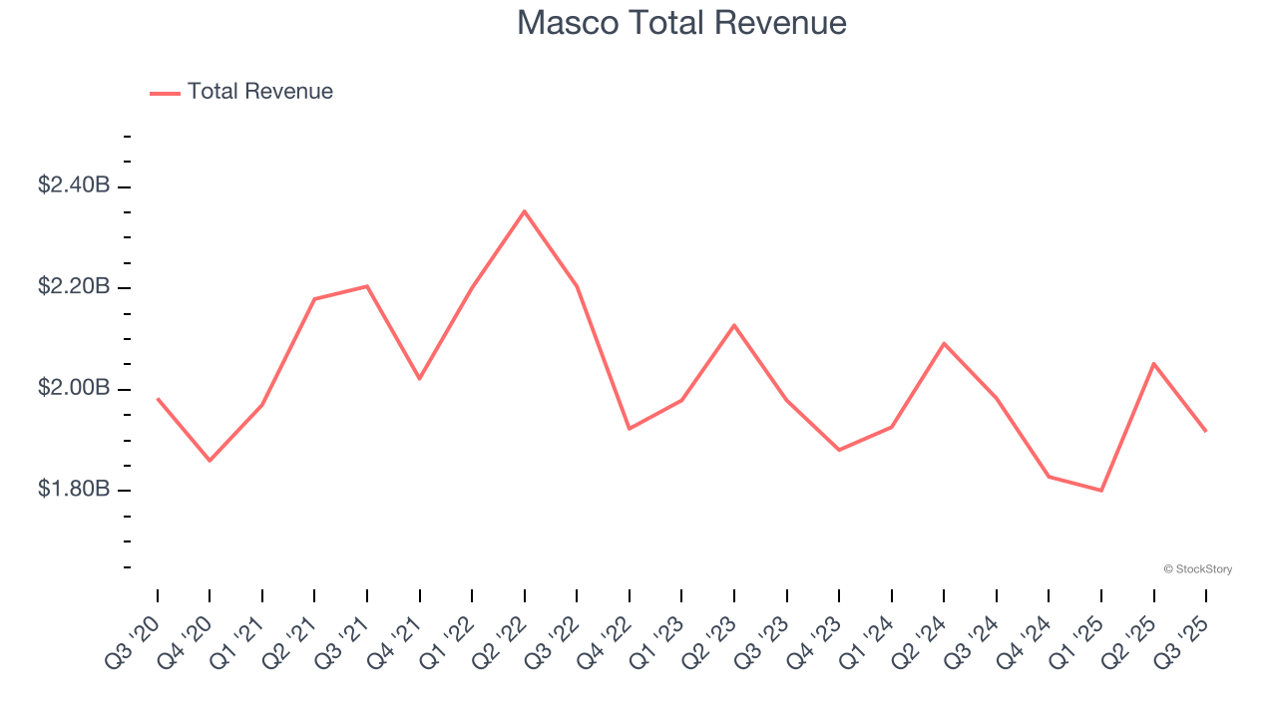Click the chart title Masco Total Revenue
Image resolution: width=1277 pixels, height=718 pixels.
click(x=681, y=23)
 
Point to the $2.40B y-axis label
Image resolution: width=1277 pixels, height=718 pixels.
click(x=74, y=185)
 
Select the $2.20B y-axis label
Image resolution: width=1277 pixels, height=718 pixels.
click(x=74, y=287)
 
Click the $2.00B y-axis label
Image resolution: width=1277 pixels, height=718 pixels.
click(x=74, y=388)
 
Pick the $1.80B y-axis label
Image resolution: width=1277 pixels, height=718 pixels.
click(x=74, y=490)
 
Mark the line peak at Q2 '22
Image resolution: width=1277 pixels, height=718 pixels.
click(x=525, y=211)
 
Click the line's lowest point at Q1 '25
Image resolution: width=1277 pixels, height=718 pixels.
click(x=1101, y=491)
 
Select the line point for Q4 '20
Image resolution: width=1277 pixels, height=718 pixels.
click(x=210, y=461)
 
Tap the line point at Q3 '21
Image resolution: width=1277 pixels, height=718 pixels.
click(x=367, y=286)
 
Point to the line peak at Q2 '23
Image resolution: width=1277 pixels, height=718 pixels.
click(x=734, y=325)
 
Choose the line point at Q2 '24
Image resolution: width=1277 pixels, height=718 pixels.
click(x=944, y=343)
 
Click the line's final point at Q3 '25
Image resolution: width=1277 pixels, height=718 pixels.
click(x=1206, y=431)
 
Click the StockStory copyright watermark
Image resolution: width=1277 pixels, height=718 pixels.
click(x=1197, y=569)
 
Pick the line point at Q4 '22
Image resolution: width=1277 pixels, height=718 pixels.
click(x=630, y=429)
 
